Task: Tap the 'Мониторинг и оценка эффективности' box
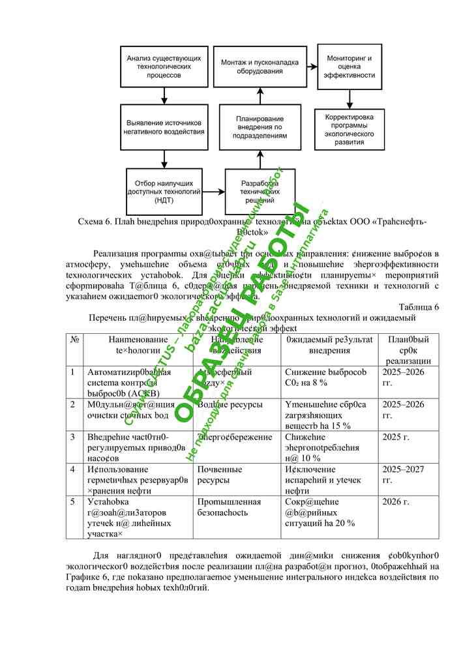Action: coord(349,66)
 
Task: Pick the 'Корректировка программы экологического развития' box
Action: coord(349,128)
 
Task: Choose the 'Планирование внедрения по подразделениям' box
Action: coord(260,128)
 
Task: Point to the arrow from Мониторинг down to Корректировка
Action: coord(349,98)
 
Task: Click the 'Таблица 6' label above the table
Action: coord(418,306)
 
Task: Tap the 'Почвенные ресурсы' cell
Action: coord(219,474)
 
